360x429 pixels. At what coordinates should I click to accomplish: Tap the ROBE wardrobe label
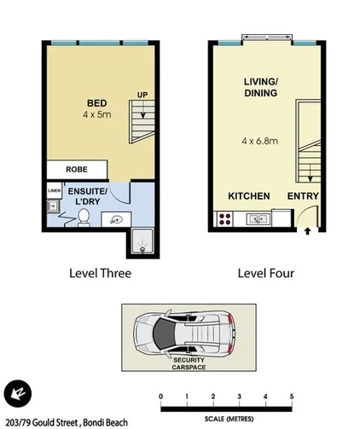pyautogui.click(x=76, y=169)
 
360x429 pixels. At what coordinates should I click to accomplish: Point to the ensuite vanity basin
pyautogui.click(x=113, y=221)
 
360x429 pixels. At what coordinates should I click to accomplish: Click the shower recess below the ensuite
pyautogui.click(x=140, y=242)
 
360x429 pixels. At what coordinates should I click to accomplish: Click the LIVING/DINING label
pyautogui.click(x=262, y=87)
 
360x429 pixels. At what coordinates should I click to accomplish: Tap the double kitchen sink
pyautogui.click(x=258, y=220)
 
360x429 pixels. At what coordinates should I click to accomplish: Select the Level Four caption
pyautogui.click(x=264, y=274)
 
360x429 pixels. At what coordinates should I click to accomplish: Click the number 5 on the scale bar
pyautogui.click(x=292, y=397)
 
